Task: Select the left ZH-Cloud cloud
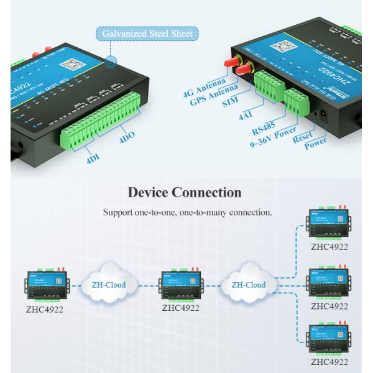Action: pyautogui.click(x=108, y=285)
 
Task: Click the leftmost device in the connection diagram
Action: pyautogui.click(x=45, y=283)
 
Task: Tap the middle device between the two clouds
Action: pyautogui.click(x=180, y=283)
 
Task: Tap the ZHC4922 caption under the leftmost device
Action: pyautogui.click(x=44, y=308)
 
